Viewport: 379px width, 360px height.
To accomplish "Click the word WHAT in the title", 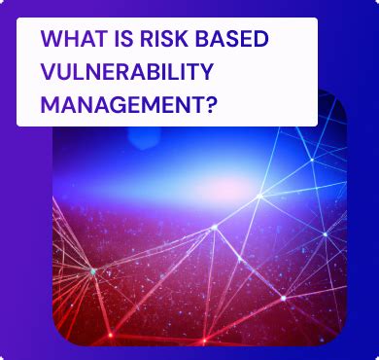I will pyautogui.click(x=71, y=42).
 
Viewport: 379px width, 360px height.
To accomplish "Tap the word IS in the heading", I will pyautogui.click(x=120, y=42).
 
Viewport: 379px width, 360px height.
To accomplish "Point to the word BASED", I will pyautogui.click(x=232, y=42).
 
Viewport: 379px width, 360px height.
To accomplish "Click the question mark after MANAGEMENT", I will pyautogui.click(x=210, y=104).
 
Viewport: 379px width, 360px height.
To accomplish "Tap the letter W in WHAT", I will pyautogui.click(x=51, y=42).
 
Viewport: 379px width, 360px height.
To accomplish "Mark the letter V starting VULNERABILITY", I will pyautogui.click(x=48, y=73).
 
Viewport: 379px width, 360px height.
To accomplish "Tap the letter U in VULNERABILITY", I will pyautogui.click(x=66, y=73).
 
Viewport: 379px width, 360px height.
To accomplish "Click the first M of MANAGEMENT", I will pyautogui.click(x=51, y=104).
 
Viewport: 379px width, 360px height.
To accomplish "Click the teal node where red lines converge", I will pyautogui.click(x=93, y=270).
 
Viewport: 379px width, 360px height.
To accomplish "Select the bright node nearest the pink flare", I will pyautogui.click(x=258, y=198).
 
